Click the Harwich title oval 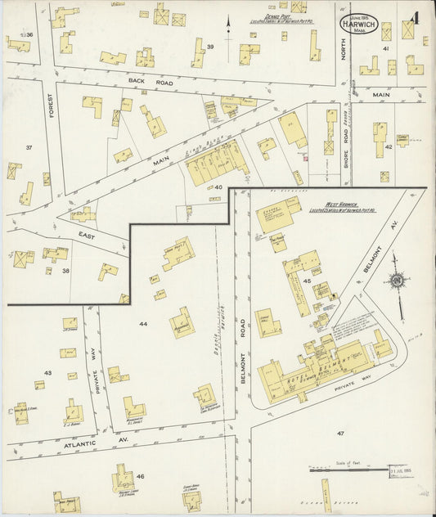(x=358, y=23)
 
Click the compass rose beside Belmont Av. (x=397, y=281)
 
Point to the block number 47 (x=339, y=431)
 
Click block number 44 (x=143, y=324)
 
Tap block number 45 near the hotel (x=308, y=281)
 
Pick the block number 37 (x=29, y=147)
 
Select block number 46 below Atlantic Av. (x=141, y=475)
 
